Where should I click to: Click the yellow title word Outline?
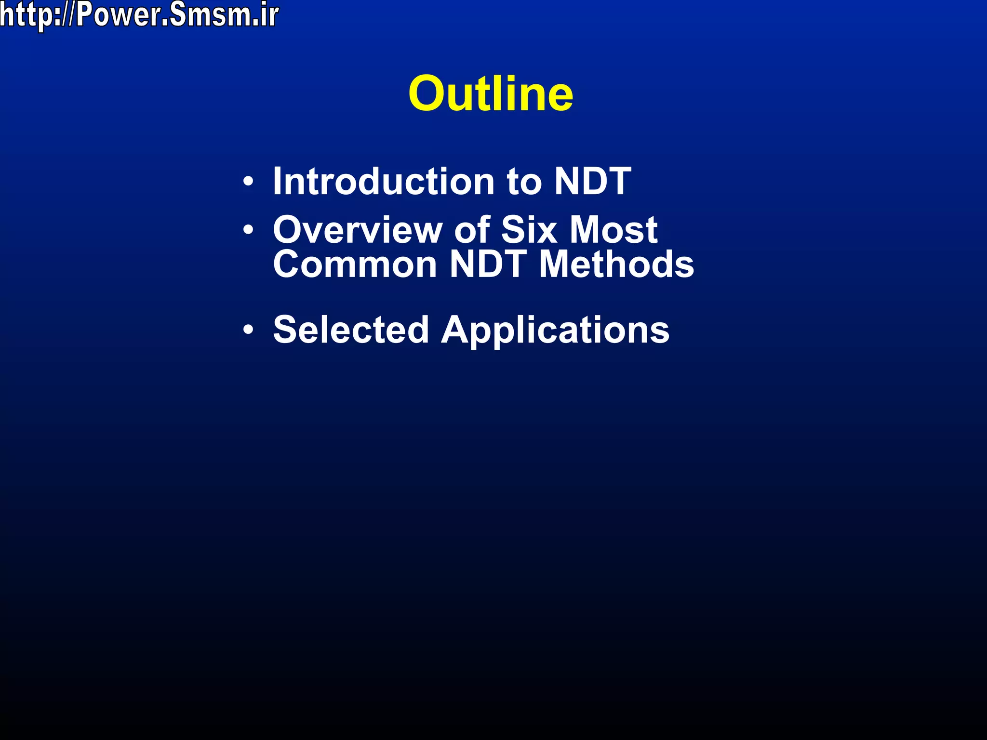point(491,93)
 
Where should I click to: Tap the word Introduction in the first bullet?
point(384,181)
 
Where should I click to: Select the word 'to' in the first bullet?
point(524,182)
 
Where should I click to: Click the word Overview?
point(357,230)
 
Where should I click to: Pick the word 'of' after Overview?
point(471,230)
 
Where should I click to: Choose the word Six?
point(529,230)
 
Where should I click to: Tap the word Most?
point(614,230)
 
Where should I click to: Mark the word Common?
point(355,264)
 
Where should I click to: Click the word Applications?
point(555,330)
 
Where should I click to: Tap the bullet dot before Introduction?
point(248,182)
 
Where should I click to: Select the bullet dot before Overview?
point(248,230)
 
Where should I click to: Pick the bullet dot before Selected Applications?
point(248,330)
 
